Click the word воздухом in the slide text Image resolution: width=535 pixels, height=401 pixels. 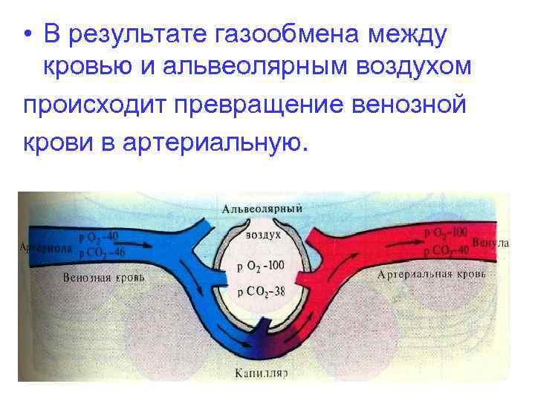click(419, 67)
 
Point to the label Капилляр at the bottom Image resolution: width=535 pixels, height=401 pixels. click(262, 374)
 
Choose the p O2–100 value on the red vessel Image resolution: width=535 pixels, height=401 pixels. click(447, 233)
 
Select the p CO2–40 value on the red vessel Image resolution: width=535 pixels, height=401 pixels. click(447, 250)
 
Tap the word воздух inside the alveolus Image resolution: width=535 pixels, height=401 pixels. click(262, 234)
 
